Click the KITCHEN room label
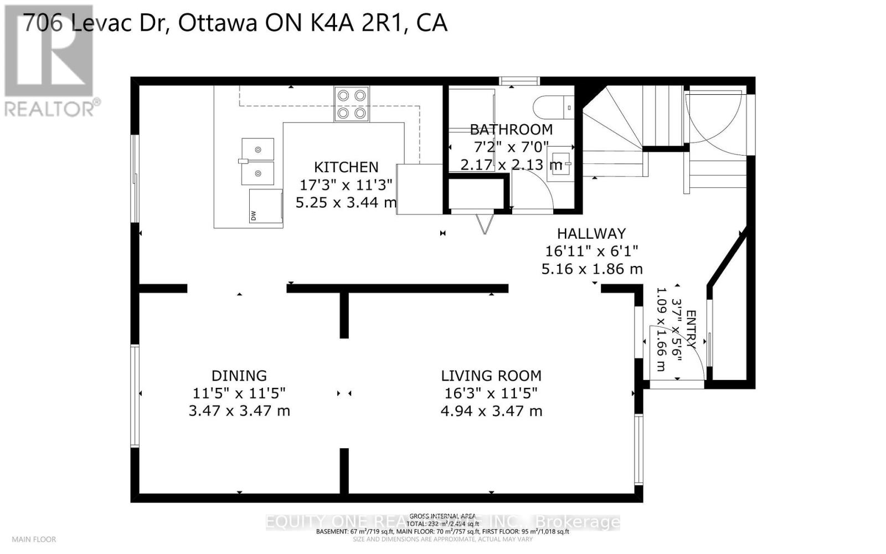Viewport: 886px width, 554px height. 346,167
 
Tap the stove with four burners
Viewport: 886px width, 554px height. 351,104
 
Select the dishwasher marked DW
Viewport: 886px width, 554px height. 266,206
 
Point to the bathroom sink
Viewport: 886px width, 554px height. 559,163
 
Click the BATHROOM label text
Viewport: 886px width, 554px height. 511,130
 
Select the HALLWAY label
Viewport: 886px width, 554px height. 591,234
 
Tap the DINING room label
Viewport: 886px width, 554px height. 239,376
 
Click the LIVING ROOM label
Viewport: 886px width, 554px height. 491,376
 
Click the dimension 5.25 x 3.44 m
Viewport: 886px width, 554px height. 346,203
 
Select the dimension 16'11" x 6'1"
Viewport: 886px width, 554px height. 591,252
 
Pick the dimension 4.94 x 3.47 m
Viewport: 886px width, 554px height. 491,411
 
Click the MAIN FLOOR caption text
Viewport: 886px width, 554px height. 34,539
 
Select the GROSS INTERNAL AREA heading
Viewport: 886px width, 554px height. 443,516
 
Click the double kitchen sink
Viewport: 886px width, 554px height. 257,161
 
